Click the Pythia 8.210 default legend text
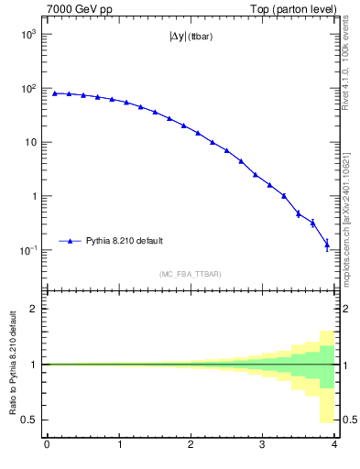click(x=125, y=241)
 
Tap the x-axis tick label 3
click(x=262, y=445)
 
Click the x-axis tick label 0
click(x=47, y=445)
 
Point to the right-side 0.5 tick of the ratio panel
click(x=348, y=420)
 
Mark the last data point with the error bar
click(x=327, y=245)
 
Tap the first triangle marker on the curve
click(x=55, y=93)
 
